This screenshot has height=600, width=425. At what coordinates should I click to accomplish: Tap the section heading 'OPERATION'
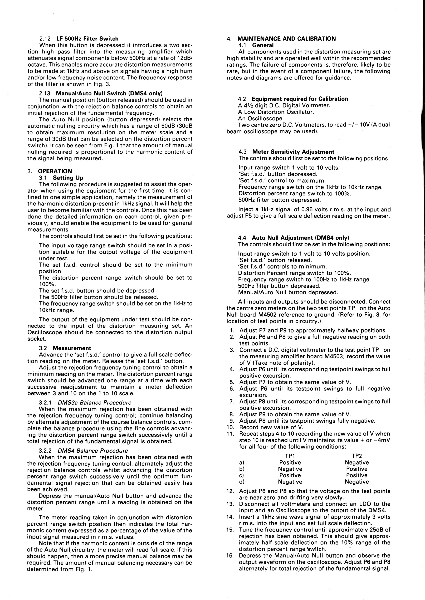point(55,171)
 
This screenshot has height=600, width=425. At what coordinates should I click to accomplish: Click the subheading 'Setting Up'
point(68,178)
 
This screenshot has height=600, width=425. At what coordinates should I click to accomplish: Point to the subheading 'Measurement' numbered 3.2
point(72,348)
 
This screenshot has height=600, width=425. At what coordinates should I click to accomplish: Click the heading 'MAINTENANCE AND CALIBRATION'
point(287,39)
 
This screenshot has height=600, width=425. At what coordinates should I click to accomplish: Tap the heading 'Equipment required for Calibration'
point(300,99)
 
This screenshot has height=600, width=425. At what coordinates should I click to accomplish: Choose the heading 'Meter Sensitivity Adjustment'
point(293,152)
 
